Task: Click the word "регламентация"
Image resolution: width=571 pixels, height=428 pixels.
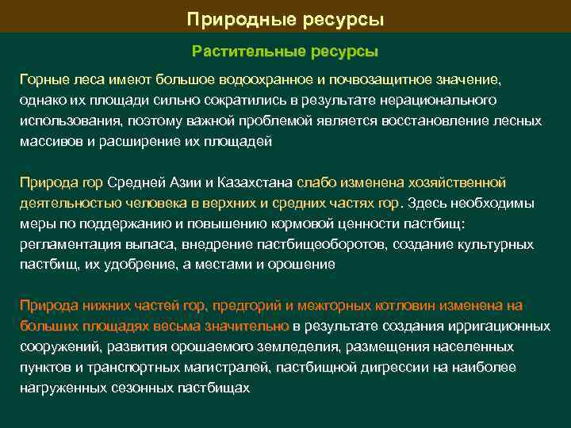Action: tap(66, 244)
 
